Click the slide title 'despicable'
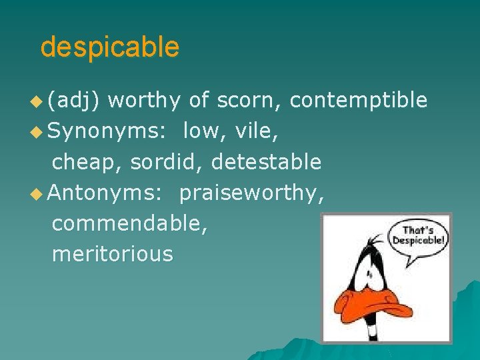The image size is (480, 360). click(x=109, y=47)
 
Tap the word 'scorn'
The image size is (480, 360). click(x=249, y=101)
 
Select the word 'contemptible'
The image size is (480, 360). click(x=359, y=101)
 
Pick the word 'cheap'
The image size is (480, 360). click(x=87, y=162)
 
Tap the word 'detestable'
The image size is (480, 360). click(x=266, y=162)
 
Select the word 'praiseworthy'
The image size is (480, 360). click(x=249, y=193)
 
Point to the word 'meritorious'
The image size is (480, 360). click(x=112, y=254)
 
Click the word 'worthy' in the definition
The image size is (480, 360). click(x=144, y=101)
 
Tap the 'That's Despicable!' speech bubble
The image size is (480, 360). click(x=419, y=234)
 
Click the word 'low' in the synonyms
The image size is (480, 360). click(x=203, y=131)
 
